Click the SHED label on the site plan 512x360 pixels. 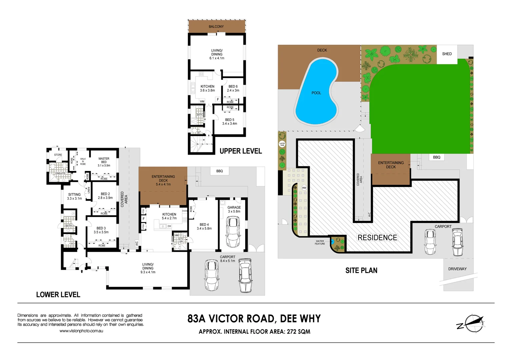[447, 54]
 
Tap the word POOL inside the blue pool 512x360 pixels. [316, 93]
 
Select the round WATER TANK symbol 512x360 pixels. [282, 144]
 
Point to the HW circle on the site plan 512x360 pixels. [304, 188]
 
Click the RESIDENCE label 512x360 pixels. [377, 238]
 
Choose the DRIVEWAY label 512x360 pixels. [457, 269]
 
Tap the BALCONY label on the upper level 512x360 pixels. [216, 27]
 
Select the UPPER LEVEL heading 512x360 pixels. [240, 151]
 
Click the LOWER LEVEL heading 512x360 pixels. [58, 295]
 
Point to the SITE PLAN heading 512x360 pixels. [361, 271]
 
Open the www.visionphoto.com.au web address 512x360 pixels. [81, 331]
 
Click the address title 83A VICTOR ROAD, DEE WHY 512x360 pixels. [254, 319]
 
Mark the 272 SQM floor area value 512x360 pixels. [299, 332]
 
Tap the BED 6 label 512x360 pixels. [233, 87]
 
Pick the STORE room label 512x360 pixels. [58, 155]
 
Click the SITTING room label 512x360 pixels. [74, 195]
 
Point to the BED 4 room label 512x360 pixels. [204, 225]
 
